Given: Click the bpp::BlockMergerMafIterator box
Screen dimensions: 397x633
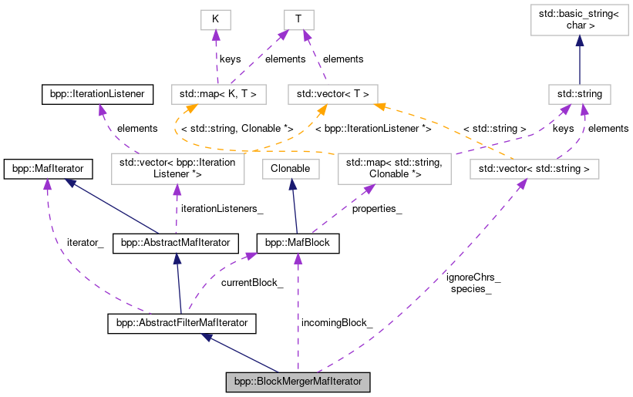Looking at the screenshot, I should (x=298, y=382).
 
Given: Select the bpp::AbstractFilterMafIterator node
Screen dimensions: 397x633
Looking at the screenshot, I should (x=181, y=323).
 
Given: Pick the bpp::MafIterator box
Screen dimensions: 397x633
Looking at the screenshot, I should (x=49, y=167).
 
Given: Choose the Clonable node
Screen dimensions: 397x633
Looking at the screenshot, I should (x=291, y=167).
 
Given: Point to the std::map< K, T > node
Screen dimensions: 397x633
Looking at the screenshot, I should (x=218, y=95).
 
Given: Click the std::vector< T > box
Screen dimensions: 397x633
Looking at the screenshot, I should (x=333, y=95).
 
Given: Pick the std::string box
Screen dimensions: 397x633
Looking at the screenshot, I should (x=580, y=95).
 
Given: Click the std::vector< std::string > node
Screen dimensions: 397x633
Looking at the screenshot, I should (x=534, y=167).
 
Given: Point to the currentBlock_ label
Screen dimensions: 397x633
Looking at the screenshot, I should (x=252, y=283).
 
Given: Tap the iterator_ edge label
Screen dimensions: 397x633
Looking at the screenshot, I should (x=86, y=242).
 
